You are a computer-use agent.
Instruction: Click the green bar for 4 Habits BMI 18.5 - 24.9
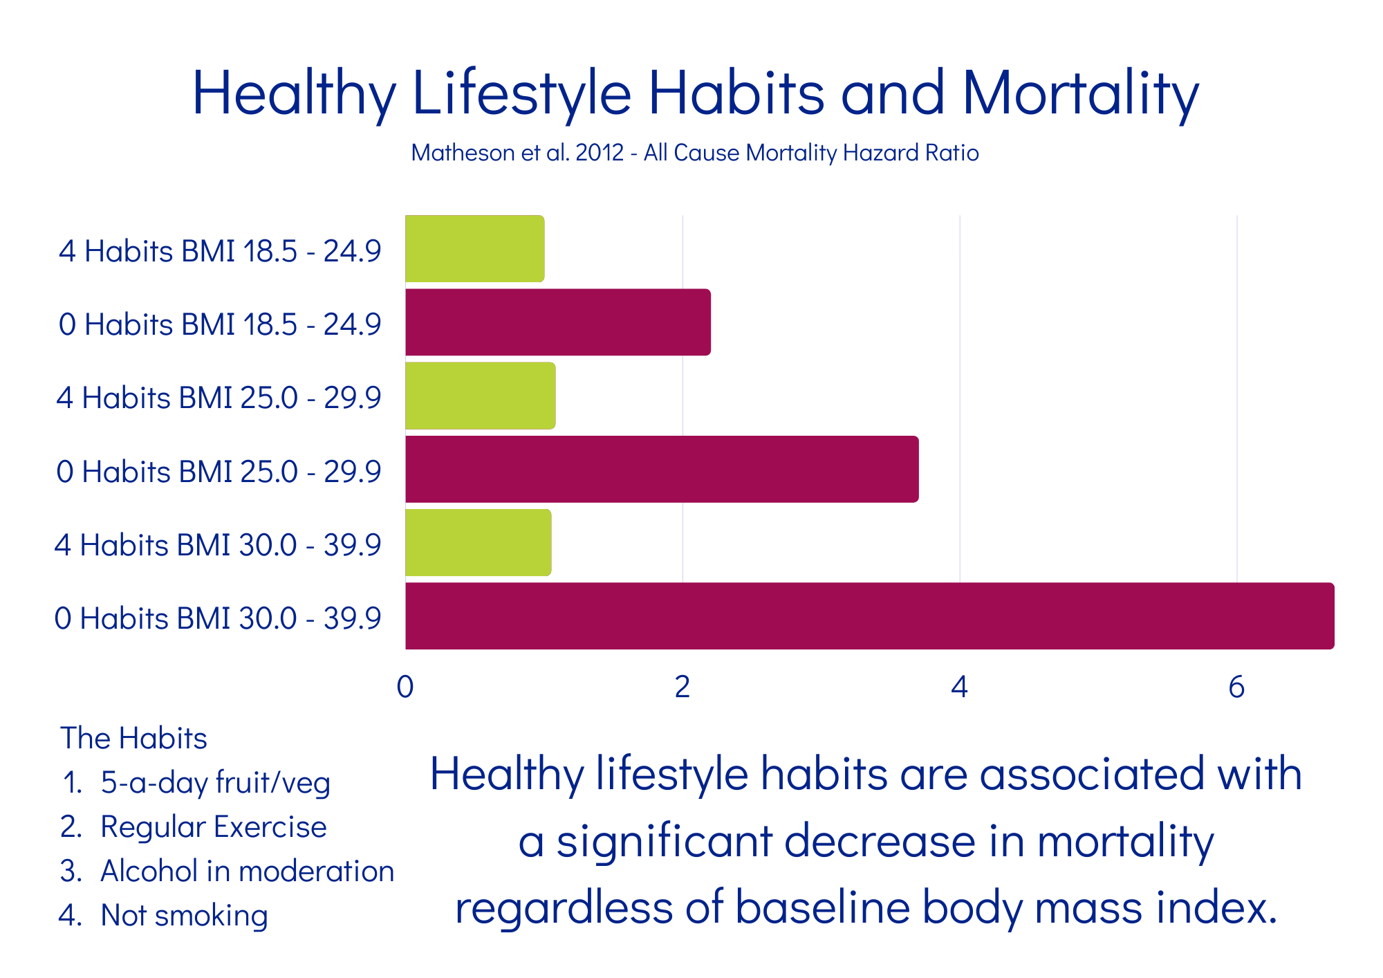pyautogui.click(x=475, y=249)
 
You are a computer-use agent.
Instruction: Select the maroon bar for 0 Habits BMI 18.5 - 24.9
pyautogui.click(x=558, y=322)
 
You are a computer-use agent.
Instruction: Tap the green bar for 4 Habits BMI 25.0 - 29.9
pyautogui.click(x=481, y=396)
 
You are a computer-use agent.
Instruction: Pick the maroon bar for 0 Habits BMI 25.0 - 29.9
pyautogui.click(x=662, y=469)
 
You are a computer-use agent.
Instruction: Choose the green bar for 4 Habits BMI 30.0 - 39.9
pyautogui.click(x=479, y=543)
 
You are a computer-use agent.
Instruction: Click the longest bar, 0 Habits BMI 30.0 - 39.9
pyautogui.click(x=869, y=616)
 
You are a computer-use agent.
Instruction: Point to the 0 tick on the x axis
pyautogui.click(x=405, y=687)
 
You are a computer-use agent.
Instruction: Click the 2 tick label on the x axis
pyautogui.click(x=683, y=687)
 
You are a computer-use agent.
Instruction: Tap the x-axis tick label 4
pyautogui.click(x=959, y=687)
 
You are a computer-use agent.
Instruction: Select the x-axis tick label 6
pyautogui.click(x=1236, y=687)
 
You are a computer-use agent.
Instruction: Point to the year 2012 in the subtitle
pyautogui.click(x=600, y=153)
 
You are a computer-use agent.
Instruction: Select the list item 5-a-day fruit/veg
pyautogui.click(x=215, y=783)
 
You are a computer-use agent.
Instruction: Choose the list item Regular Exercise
pyautogui.click(x=213, y=827)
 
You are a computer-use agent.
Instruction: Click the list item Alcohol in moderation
pyautogui.click(x=247, y=871)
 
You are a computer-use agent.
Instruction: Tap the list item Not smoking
pyautogui.click(x=184, y=916)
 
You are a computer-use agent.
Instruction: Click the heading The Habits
pyautogui.click(x=133, y=739)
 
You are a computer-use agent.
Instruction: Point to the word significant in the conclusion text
pyautogui.click(x=664, y=842)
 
